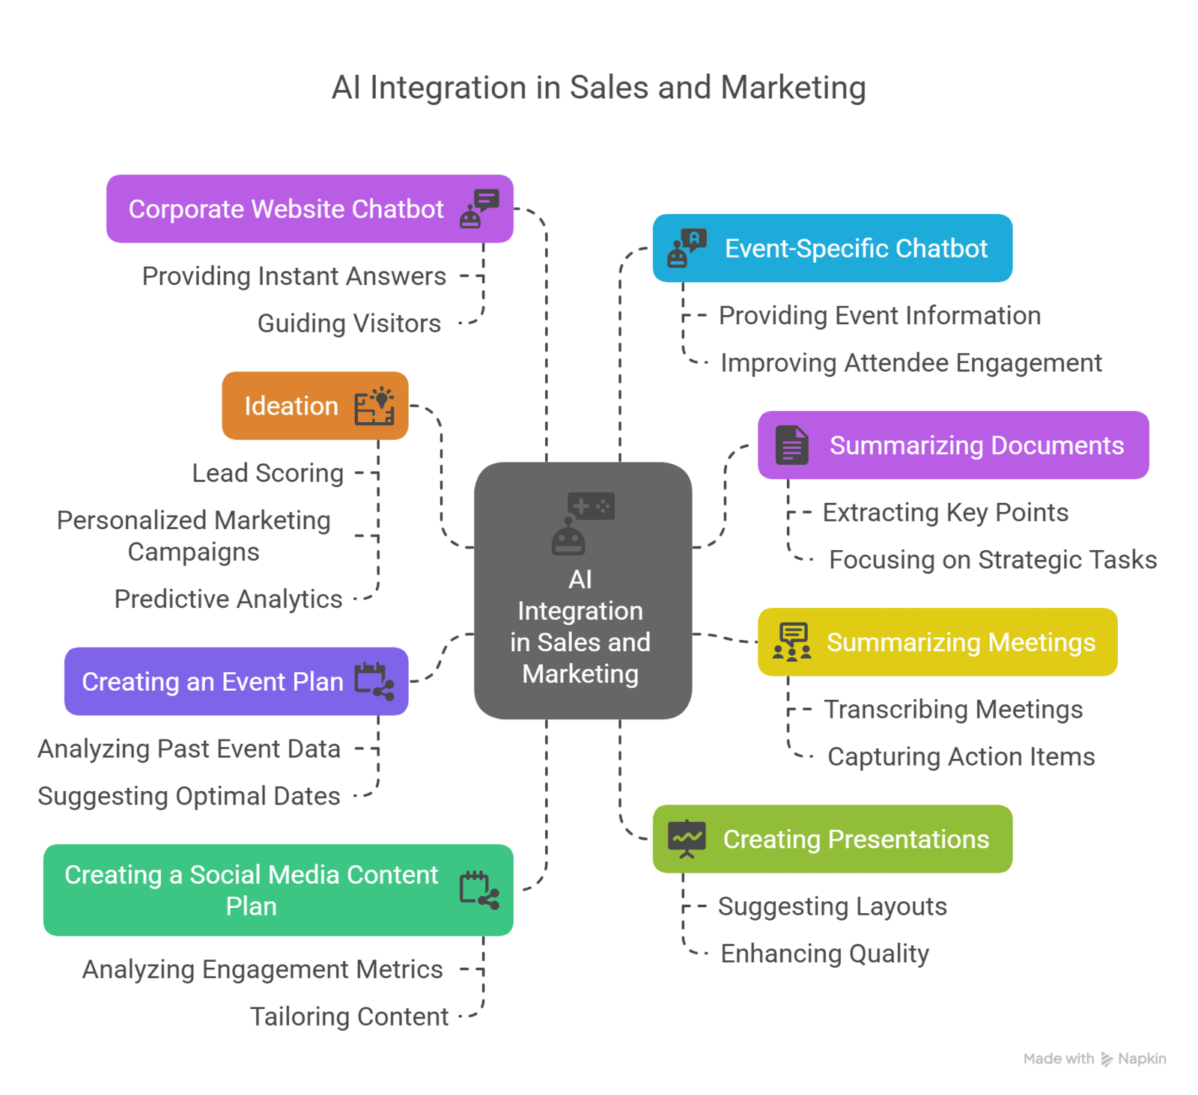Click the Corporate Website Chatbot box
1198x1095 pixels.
point(308,209)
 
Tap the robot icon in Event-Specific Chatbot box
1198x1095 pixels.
point(687,248)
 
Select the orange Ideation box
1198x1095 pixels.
point(314,406)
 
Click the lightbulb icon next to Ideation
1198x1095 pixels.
point(374,406)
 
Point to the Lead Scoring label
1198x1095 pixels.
point(267,473)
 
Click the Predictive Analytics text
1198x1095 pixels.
point(228,599)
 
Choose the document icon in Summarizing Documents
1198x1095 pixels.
point(791,445)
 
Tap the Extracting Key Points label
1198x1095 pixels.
point(945,513)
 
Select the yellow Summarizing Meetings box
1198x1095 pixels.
point(937,642)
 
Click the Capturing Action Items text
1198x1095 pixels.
point(961,757)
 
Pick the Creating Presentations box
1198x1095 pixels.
point(833,839)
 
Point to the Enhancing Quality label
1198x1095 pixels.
point(824,954)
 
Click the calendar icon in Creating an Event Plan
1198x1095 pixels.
point(374,681)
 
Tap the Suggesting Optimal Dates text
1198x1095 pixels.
point(189,796)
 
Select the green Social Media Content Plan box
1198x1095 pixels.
point(278,890)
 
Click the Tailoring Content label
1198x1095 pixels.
point(349,1016)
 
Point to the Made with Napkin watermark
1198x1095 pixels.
point(1095,1058)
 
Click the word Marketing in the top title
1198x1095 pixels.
point(793,88)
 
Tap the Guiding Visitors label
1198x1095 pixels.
point(349,323)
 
